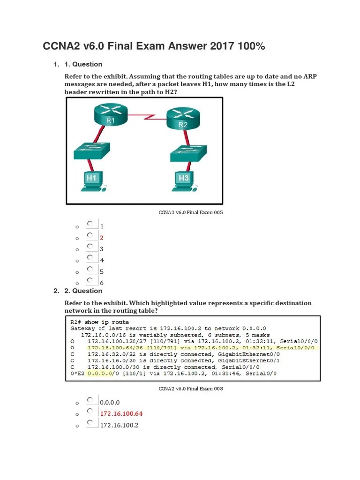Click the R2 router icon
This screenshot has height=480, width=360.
tap(183, 119)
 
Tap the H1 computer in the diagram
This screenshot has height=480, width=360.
tap(91, 181)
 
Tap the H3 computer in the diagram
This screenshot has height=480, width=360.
tap(184, 181)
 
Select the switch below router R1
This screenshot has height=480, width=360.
tap(92, 152)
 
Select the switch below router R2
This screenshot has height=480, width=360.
tap(187, 154)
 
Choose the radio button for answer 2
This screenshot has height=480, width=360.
tap(90, 235)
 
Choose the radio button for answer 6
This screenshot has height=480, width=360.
tap(90, 280)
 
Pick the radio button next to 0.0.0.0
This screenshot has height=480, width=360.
tap(90, 400)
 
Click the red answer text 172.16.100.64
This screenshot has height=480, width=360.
tap(121, 414)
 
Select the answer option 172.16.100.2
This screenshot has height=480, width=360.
tap(119, 425)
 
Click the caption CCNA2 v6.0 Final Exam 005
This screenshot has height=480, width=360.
tap(191, 212)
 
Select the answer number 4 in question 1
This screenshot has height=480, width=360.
tap(102, 260)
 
